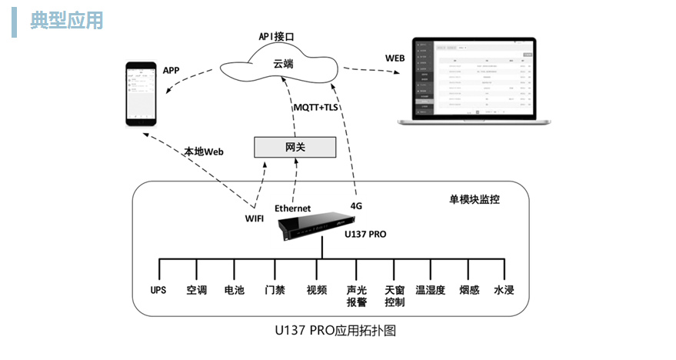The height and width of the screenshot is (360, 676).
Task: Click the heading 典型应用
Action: (x=66, y=21)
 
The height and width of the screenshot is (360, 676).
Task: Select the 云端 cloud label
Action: (x=283, y=64)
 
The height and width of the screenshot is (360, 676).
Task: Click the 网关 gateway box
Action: (x=295, y=146)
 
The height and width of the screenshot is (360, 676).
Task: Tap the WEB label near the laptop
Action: (x=395, y=58)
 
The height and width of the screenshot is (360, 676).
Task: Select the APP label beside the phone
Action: (x=171, y=70)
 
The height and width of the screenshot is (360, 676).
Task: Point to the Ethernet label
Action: (x=292, y=208)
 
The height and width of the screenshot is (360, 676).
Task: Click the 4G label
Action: (x=356, y=206)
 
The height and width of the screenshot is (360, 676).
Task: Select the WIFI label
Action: (x=255, y=219)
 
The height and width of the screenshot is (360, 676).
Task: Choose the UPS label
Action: (x=158, y=290)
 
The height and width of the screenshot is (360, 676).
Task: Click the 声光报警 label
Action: (x=356, y=296)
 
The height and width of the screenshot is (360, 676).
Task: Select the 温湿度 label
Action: (x=431, y=290)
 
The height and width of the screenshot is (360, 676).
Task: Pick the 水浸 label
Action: (x=504, y=290)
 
